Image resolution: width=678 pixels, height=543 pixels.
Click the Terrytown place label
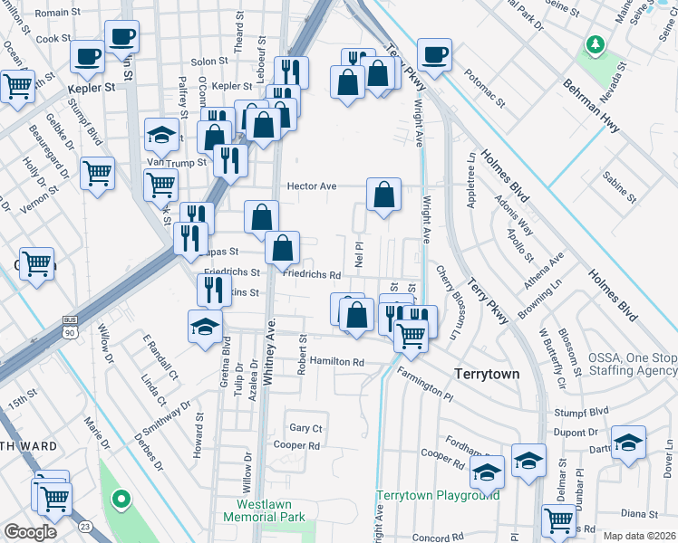(x=486, y=373)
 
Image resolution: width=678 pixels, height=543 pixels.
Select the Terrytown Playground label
(x=439, y=495)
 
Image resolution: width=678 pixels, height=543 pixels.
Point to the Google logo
(x=30, y=532)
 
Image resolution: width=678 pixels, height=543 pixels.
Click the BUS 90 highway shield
(x=70, y=326)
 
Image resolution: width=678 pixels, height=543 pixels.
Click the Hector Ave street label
(x=312, y=186)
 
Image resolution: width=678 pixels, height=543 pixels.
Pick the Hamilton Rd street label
(x=336, y=361)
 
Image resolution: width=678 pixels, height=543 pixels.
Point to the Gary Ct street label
(x=305, y=427)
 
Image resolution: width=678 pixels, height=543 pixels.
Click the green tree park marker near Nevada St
(x=595, y=43)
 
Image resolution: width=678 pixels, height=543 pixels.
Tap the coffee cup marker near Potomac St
(x=435, y=54)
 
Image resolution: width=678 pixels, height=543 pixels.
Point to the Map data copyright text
(x=639, y=536)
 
